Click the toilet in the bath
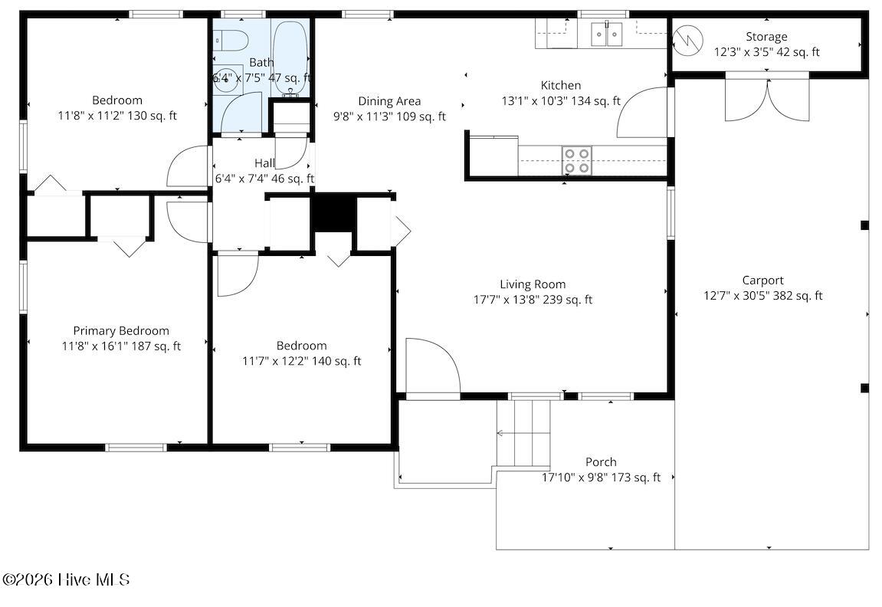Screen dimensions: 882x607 click(x=231, y=40)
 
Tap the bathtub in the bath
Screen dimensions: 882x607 click(x=290, y=60)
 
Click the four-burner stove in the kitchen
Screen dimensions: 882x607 click(x=577, y=160)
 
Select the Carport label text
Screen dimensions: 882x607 click(x=762, y=281)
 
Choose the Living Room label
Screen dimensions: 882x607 click(x=533, y=284)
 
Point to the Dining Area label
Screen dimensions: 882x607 click(x=390, y=101)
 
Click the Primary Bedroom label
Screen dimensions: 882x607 click(x=121, y=331)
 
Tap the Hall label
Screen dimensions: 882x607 click(x=264, y=163)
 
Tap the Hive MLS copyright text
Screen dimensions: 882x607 click(x=67, y=579)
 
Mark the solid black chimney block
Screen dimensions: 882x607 click(x=333, y=212)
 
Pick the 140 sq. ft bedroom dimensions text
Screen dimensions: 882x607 click(x=302, y=361)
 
